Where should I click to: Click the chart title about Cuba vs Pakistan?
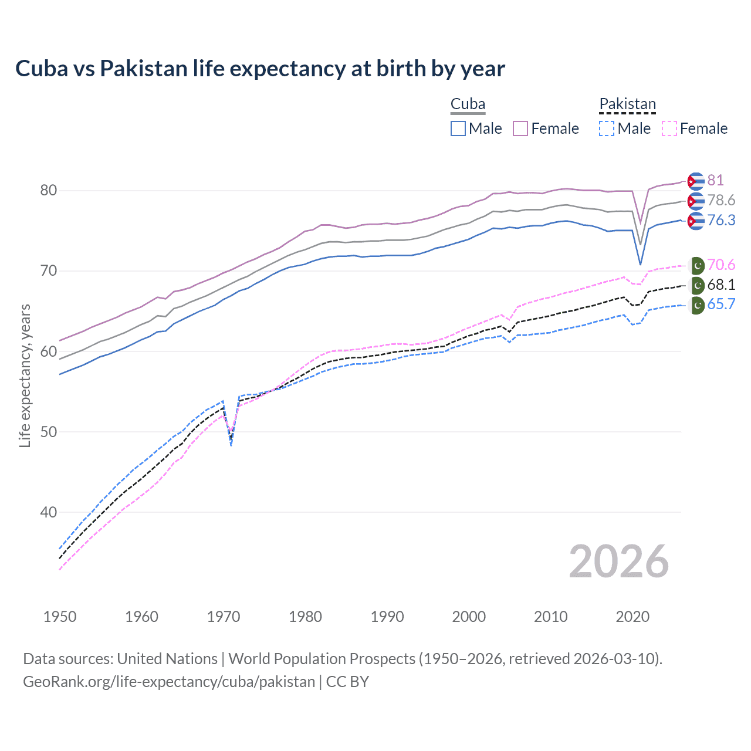260,69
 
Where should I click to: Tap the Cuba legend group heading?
468,104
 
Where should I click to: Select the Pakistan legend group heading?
627,104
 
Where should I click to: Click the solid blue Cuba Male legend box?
458,128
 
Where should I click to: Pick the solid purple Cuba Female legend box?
520,128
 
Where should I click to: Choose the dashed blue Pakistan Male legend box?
607,128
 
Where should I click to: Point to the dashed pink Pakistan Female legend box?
669,128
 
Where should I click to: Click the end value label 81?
715,180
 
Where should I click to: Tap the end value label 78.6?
721,200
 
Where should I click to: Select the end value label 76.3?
721,220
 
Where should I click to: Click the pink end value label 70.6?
721,265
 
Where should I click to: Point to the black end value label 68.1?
721,285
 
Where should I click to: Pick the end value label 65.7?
721,304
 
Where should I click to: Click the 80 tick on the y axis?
49,191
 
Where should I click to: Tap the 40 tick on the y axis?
49,512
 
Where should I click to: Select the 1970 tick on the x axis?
224,617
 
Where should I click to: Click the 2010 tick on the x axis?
550,617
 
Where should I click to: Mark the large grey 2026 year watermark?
618,561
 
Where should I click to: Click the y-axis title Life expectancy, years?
25,375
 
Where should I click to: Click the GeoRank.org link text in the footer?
169,682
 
